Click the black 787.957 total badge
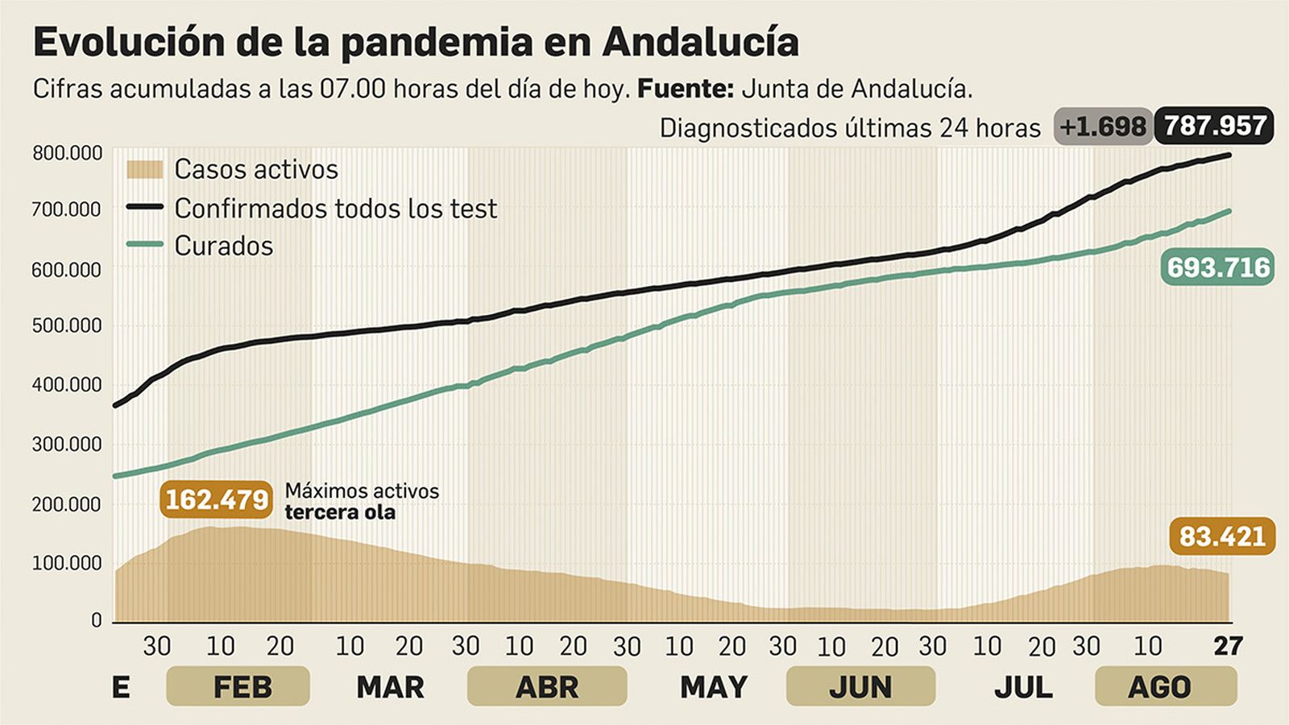[x=1214, y=126]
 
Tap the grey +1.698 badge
[x=1102, y=126]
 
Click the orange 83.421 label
[x=1222, y=536]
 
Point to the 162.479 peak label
[x=217, y=499]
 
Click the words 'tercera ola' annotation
[x=340, y=512]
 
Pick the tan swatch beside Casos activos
[x=144, y=169]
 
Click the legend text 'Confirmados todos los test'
[x=335, y=208]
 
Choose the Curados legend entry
[x=223, y=245]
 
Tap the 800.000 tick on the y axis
[x=68, y=153]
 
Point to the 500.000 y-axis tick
[x=68, y=326]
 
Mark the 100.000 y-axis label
[x=68, y=563]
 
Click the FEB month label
[x=242, y=687]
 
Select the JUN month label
[x=860, y=687]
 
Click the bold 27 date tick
[x=1229, y=646]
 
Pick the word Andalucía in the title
[x=700, y=42]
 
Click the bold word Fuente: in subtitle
[x=685, y=89]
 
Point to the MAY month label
[x=713, y=687]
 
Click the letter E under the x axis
[x=121, y=687]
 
